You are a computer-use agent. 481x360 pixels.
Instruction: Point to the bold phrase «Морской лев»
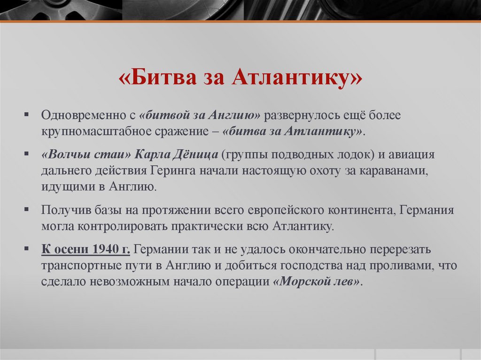click(318, 283)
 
